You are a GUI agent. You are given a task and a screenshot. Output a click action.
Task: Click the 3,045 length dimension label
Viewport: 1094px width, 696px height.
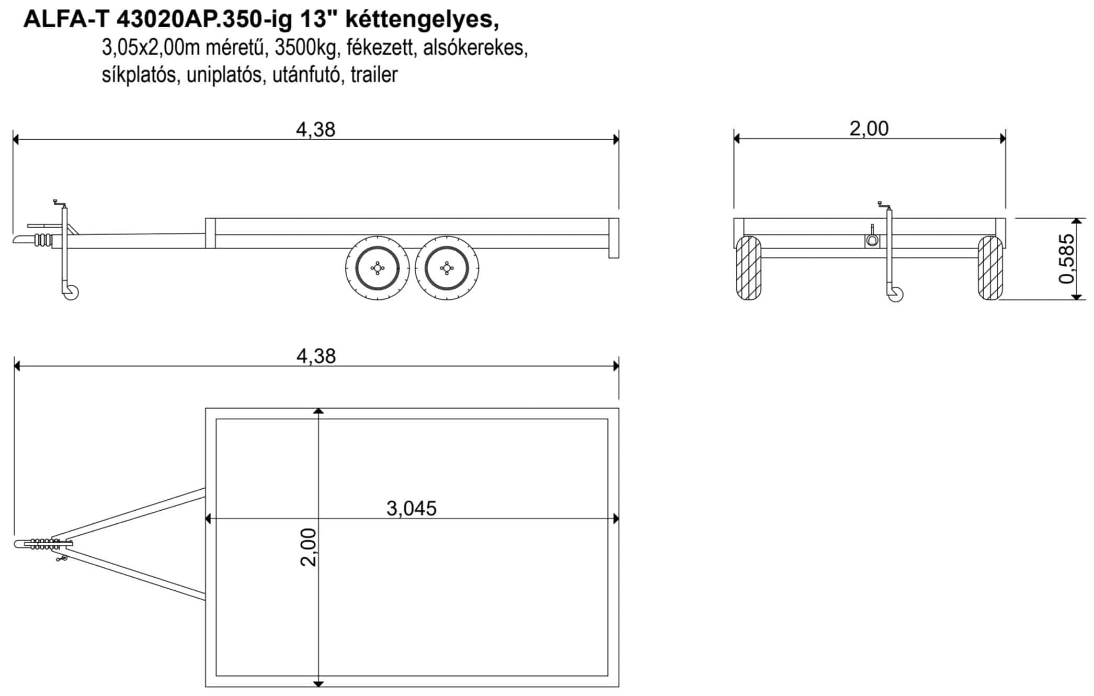[411, 508]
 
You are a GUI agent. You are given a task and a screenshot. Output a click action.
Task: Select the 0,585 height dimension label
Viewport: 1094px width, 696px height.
[1067, 259]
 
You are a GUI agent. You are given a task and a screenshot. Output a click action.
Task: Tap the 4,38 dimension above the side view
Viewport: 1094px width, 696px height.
[315, 129]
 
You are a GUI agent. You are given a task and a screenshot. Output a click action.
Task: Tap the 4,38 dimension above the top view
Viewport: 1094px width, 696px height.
[316, 356]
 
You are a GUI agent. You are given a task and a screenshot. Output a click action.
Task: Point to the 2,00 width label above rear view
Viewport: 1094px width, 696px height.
[869, 129]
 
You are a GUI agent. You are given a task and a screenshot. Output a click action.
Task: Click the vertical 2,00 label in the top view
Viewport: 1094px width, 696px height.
[309, 547]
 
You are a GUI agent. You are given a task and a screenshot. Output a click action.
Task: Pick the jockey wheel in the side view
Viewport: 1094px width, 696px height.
[71, 292]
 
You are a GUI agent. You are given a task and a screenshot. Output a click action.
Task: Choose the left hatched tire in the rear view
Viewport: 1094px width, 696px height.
[748, 268]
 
